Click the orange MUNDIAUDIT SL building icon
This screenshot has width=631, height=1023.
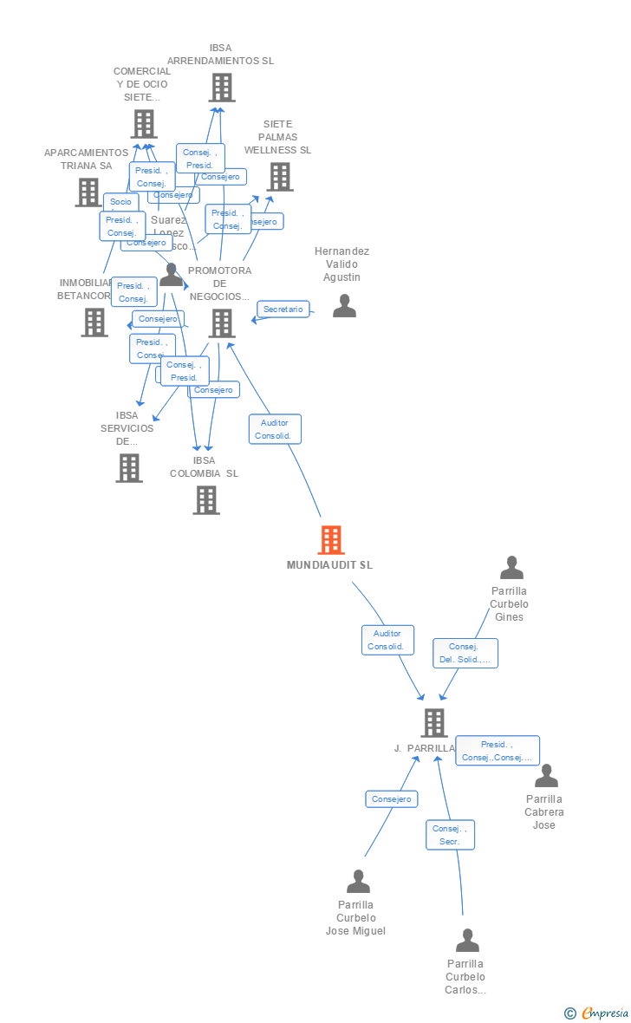pos(330,540)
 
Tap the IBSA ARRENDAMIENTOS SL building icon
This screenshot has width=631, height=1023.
pos(221,88)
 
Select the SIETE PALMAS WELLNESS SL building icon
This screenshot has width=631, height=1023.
pos(279,177)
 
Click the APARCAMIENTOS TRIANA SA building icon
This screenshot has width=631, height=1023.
pos(88,192)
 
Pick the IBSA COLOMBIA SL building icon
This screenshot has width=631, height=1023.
pos(205,500)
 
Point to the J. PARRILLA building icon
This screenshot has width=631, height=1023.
pos(433,722)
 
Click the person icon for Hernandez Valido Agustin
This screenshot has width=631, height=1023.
pos(344,306)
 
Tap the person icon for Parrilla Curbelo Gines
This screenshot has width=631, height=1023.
pos(511,568)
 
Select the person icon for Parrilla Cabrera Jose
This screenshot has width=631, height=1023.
pos(546,776)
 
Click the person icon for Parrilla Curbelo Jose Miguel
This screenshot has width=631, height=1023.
pos(358,882)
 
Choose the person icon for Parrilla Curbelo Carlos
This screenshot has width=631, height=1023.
pos(467,941)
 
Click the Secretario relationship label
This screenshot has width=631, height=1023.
pos(283,310)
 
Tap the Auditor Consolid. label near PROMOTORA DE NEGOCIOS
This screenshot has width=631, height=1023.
pos(275,429)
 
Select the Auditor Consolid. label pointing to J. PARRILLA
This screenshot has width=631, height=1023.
pos(387,640)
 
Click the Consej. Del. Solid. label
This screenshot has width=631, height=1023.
pos(465,653)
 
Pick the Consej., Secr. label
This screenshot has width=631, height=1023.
pos(450,835)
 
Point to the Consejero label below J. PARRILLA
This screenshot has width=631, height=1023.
pos(391,798)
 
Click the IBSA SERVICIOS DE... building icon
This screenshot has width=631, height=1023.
pos(129,468)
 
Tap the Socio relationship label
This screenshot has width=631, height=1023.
pos(120,201)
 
